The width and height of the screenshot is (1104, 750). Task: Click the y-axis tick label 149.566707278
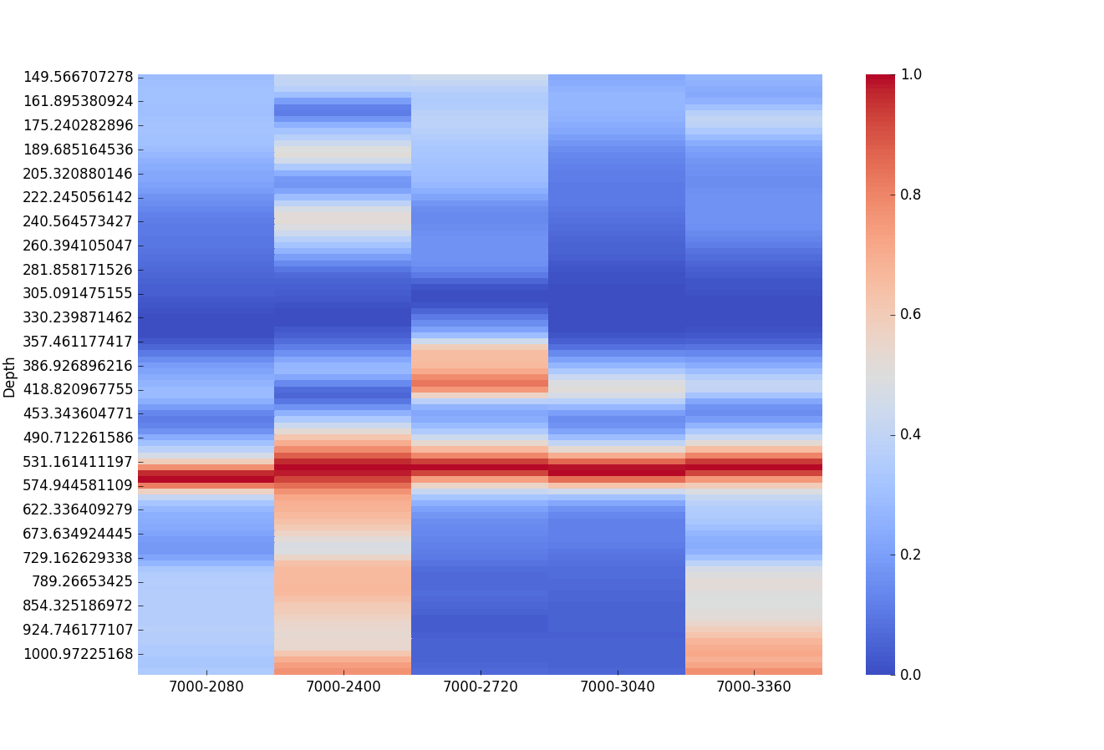pyautogui.click(x=78, y=77)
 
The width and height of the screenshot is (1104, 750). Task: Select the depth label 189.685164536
pyautogui.click(x=78, y=149)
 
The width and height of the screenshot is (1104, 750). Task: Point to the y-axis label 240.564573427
pyautogui.click(x=78, y=221)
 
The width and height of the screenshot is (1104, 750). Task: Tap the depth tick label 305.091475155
pyautogui.click(x=78, y=293)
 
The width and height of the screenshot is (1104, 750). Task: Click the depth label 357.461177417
pyautogui.click(x=78, y=342)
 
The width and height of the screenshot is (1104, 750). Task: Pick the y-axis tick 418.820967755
pyautogui.click(x=78, y=389)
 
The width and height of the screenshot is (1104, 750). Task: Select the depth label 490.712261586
pyautogui.click(x=78, y=438)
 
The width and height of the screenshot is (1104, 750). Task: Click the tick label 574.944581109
pyautogui.click(x=78, y=485)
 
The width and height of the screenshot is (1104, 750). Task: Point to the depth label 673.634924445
pyautogui.click(x=78, y=534)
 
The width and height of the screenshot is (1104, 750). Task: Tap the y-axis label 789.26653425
pyautogui.click(x=82, y=581)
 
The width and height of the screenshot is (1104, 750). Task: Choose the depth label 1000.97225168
pyautogui.click(x=78, y=654)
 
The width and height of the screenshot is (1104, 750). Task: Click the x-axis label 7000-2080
pyautogui.click(x=206, y=687)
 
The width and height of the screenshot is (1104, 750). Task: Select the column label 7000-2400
pyautogui.click(x=343, y=687)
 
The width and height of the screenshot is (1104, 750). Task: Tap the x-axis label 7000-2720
pyautogui.click(x=480, y=687)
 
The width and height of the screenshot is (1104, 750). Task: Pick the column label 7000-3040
pyautogui.click(x=617, y=687)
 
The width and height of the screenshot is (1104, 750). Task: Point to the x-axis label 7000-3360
pyautogui.click(x=754, y=687)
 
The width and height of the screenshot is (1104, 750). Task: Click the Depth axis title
pyautogui.click(x=10, y=377)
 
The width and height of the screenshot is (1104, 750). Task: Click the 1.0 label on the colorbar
pyautogui.click(x=911, y=74)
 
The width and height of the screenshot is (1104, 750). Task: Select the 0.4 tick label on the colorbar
pyautogui.click(x=911, y=434)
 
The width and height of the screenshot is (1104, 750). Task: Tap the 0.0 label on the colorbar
pyautogui.click(x=911, y=674)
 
